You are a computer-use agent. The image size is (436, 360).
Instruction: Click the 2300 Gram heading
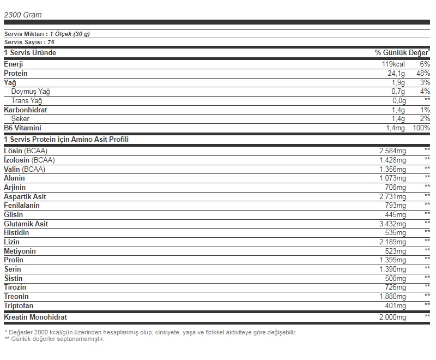(23, 15)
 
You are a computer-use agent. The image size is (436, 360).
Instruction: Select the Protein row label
(16, 73)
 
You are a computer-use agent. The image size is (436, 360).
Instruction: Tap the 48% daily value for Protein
(423, 73)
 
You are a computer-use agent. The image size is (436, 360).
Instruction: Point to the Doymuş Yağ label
(31, 92)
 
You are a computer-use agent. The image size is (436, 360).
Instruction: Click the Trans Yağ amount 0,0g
(398, 100)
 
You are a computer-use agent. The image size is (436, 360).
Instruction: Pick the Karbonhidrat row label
(26, 110)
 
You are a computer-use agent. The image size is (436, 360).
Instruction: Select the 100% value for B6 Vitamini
(421, 128)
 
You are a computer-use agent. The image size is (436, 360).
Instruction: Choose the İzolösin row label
(29, 160)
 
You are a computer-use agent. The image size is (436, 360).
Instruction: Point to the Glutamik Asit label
(26, 224)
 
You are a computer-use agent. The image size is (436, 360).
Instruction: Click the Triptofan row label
(19, 305)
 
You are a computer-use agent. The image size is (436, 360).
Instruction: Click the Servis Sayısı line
(29, 42)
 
